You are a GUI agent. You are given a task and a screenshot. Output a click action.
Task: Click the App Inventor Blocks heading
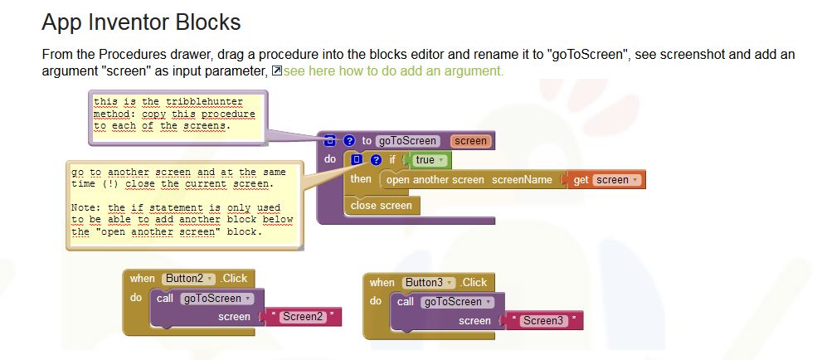(141, 22)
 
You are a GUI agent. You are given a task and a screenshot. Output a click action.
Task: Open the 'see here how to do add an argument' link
(393, 71)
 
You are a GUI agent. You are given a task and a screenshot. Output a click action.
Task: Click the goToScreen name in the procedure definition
(406, 141)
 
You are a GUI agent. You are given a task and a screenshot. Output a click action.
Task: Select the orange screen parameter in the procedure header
(470, 141)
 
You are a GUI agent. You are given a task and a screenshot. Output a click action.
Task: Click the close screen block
(381, 205)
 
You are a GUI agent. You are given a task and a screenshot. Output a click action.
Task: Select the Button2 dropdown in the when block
(187, 279)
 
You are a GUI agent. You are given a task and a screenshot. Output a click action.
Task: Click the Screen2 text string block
(302, 317)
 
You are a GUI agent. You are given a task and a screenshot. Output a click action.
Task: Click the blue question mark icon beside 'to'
(349, 141)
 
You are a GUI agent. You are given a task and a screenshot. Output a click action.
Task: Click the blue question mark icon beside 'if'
(377, 160)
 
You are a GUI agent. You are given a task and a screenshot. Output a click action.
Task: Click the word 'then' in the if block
(361, 180)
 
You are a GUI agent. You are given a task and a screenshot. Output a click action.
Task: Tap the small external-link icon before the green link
(277, 71)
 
